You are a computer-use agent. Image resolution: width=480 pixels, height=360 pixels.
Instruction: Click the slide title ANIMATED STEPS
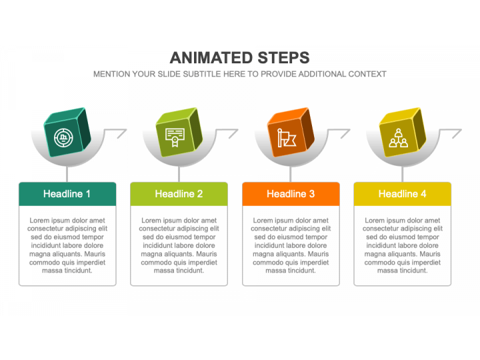coord(240,57)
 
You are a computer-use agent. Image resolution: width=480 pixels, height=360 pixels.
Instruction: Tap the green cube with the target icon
coord(67,132)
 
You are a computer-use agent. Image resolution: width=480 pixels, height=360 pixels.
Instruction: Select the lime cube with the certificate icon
coord(179,132)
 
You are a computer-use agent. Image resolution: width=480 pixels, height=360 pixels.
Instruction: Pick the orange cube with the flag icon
coord(291,132)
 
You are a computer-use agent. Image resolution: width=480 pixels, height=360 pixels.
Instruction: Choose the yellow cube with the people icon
coord(403,132)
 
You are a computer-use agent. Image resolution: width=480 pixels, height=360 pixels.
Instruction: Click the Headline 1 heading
coord(67,194)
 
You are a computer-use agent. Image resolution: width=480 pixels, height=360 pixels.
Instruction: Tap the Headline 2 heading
coord(179,194)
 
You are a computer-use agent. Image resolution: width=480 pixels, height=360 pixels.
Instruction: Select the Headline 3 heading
coord(291,194)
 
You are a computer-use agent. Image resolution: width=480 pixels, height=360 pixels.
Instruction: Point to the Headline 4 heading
coord(402,194)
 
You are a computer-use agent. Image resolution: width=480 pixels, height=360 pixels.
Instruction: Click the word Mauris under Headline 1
coord(95,254)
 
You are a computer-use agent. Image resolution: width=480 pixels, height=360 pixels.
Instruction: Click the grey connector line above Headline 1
coord(67,174)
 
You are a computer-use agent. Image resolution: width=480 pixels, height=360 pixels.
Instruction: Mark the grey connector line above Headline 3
coord(291,174)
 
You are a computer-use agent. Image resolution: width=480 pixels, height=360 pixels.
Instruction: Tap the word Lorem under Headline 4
coord(373,221)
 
